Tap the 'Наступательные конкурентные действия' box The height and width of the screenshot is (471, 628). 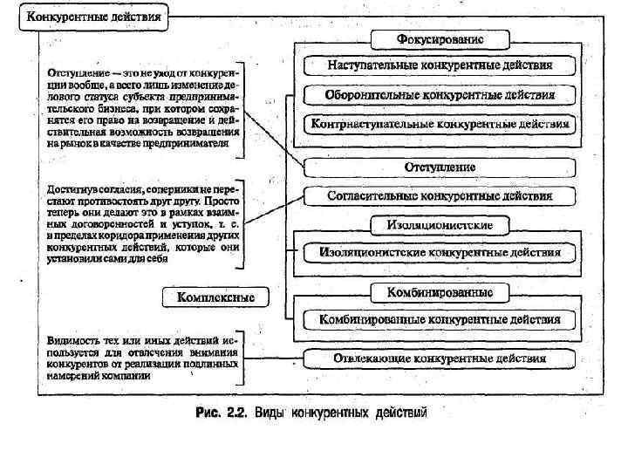pyautogui.click(x=440, y=65)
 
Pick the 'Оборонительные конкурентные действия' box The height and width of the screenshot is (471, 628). pyautogui.click(x=440, y=94)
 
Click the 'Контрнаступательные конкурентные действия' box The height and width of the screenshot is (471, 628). pyautogui.click(x=440, y=124)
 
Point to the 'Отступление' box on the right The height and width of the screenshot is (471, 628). pyautogui.click(x=440, y=166)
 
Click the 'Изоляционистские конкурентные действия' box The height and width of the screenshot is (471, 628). pyautogui.click(x=440, y=253)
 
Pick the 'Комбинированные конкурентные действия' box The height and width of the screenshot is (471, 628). pyautogui.click(x=440, y=320)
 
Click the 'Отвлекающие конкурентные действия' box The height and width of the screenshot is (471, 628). pyautogui.click(x=440, y=358)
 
